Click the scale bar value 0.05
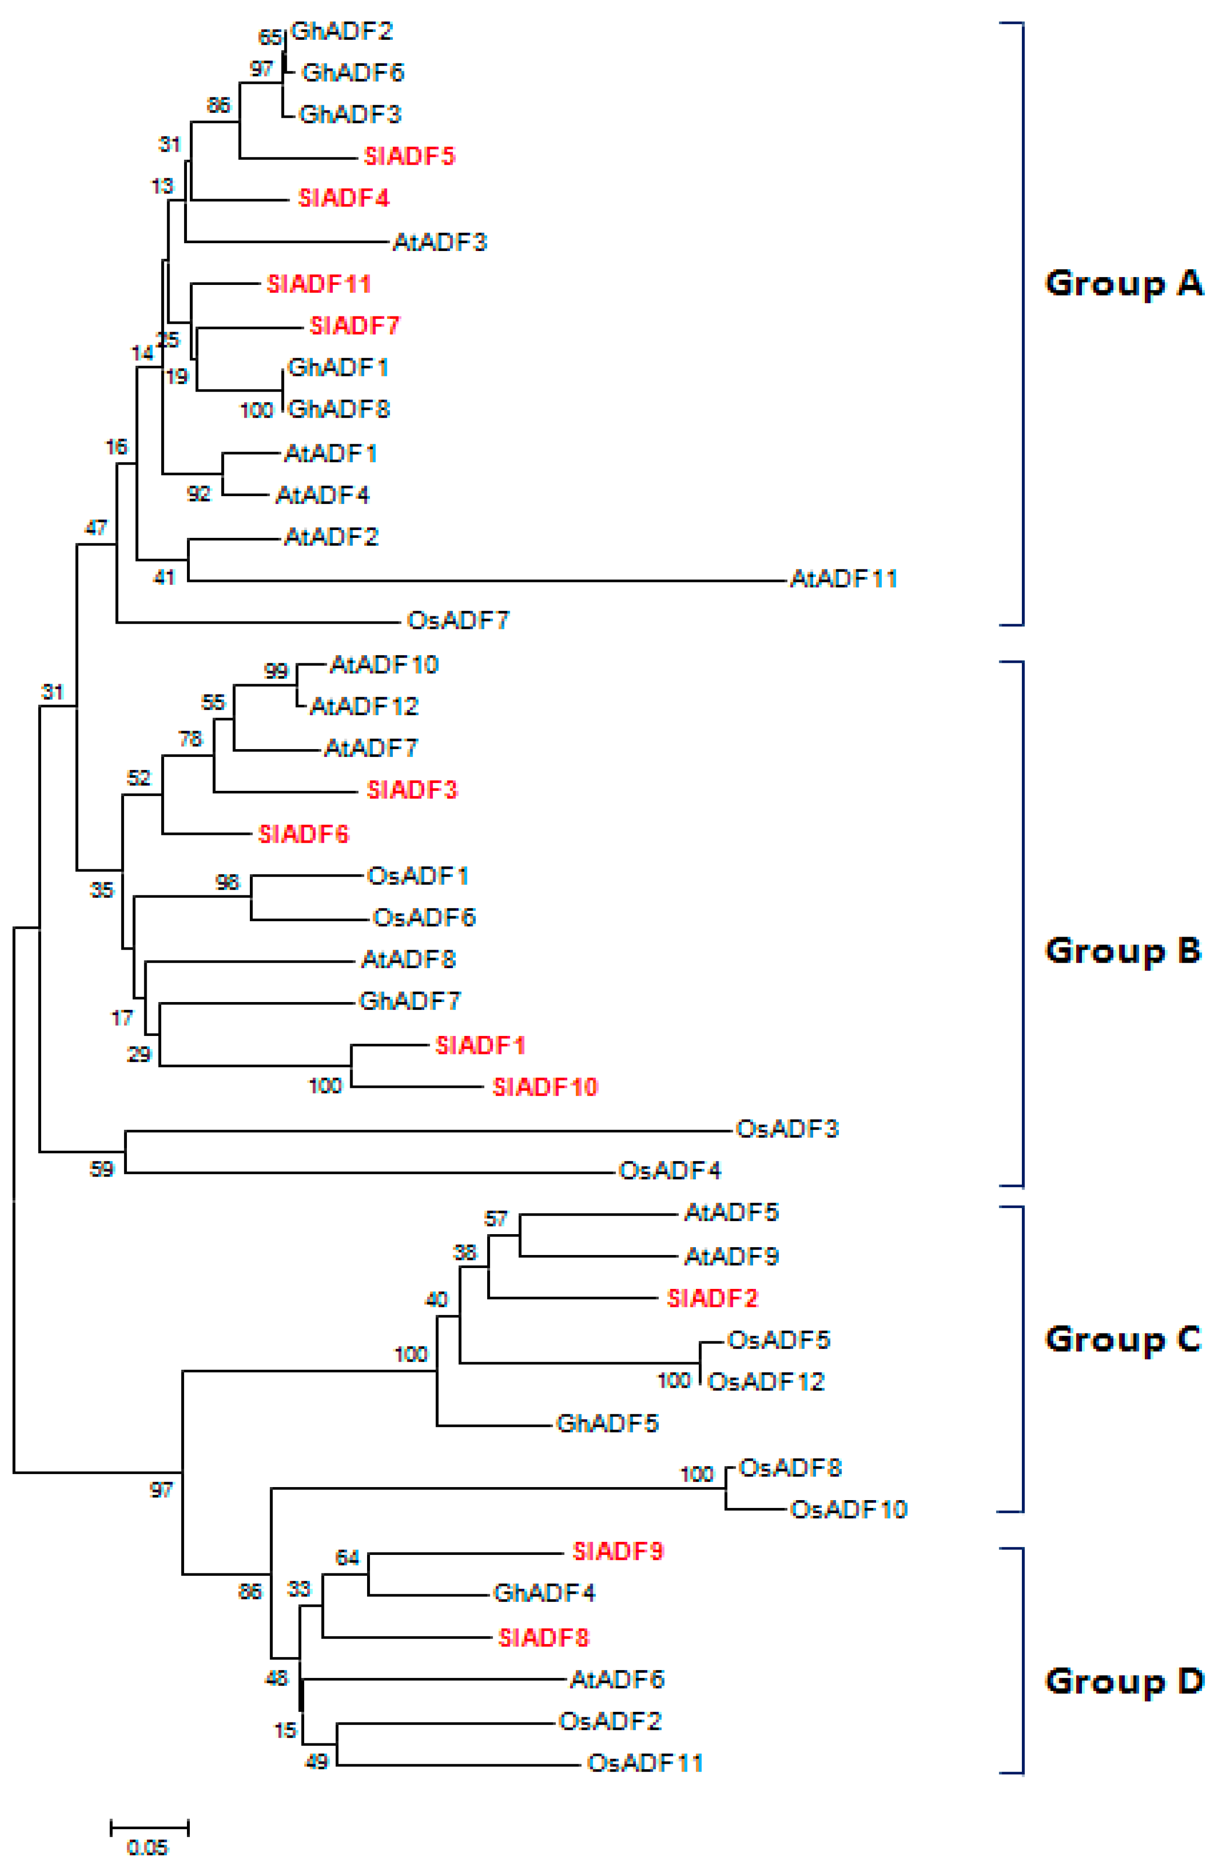coord(147,1848)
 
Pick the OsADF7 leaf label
coord(458,621)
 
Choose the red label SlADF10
coord(545,1087)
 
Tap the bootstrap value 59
coord(102,1169)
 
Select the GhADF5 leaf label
coord(607,1423)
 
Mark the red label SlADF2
coord(712,1299)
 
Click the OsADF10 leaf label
coord(848,1509)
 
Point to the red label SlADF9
coord(617,1551)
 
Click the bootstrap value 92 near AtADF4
coord(198,493)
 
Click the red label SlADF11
coord(318,284)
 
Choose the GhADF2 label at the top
coord(341,31)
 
